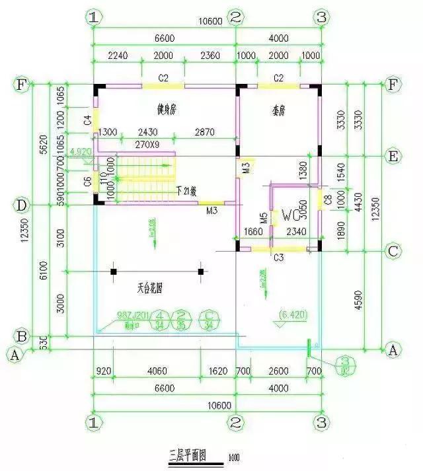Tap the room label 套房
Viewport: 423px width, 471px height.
(x=278, y=106)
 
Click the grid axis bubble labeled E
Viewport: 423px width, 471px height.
(x=394, y=157)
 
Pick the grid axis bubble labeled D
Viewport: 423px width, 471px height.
(x=22, y=205)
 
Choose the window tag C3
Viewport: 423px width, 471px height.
(x=278, y=256)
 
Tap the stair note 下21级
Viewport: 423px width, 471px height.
(x=189, y=192)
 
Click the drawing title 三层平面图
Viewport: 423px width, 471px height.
(x=189, y=455)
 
